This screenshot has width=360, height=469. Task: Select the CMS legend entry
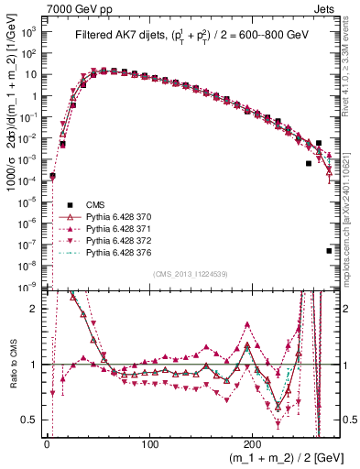pyautogui.click(x=95, y=203)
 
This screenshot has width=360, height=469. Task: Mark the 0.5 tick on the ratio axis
pyautogui.click(x=32, y=420)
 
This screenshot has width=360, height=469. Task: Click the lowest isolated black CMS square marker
pyautogui.click(x=329, y=250)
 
